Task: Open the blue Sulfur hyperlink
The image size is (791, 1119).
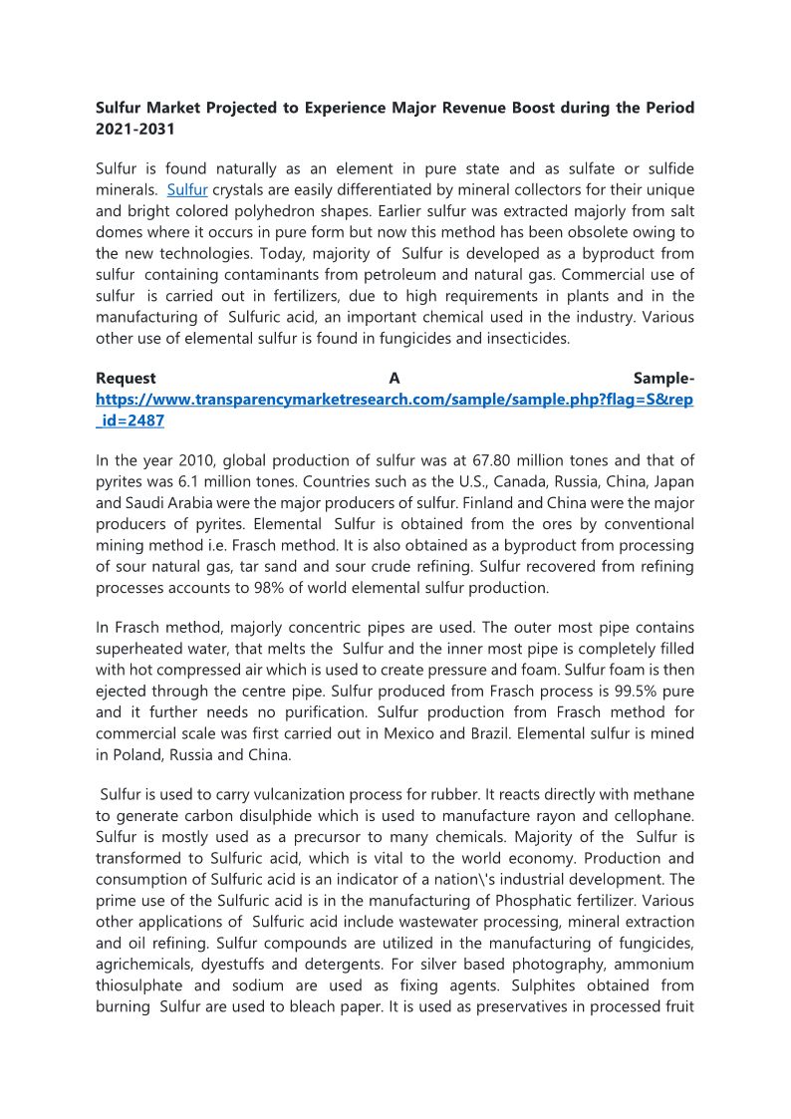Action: click(x=187, y=188)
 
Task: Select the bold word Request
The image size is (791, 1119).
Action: click(x=126, y=379)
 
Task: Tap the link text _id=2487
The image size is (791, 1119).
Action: click(x=130, y=421)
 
